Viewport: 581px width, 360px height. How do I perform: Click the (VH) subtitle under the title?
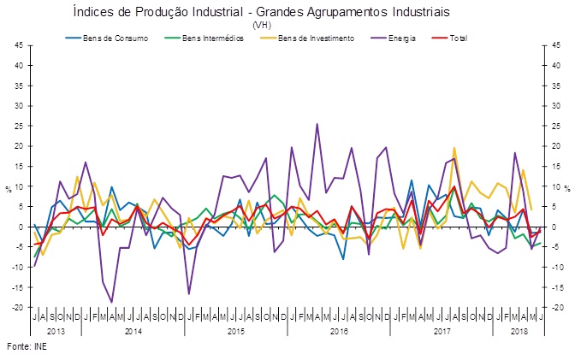point(261,25)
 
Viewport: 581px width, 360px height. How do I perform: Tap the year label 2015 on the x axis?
point(239,329)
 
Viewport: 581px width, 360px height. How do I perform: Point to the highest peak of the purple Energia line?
point(317,124)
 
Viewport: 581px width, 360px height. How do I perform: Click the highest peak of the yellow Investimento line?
point(454,148)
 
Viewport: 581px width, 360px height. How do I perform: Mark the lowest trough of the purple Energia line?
point(112,302)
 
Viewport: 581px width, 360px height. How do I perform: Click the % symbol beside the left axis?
point(8,187)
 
